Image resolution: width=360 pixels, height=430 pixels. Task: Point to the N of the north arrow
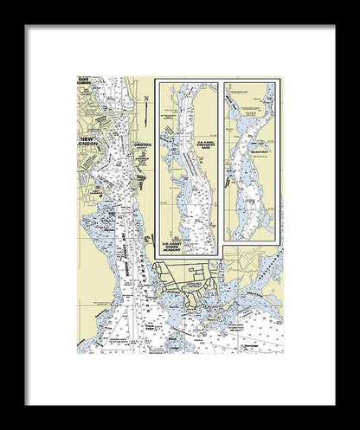tap(147, 97)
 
